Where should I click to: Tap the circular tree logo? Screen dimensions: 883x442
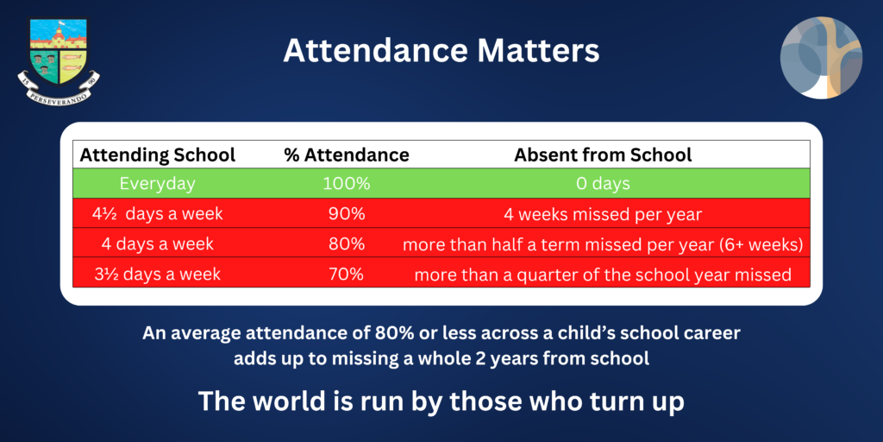(x=821, y=58)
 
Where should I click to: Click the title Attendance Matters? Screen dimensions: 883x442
(x=441, y=51)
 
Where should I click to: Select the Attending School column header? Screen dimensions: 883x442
(x=157, y=155)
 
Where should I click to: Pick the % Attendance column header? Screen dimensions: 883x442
(x=347, y=155)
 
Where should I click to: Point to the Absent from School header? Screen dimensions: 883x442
(x=603, y=155)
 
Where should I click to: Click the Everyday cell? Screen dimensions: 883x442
(x=157, y=184)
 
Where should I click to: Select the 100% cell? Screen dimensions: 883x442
(x=347, y=184)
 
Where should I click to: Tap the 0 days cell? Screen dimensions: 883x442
(x=603, y=184)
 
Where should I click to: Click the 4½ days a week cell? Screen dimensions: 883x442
(x=157, y=214)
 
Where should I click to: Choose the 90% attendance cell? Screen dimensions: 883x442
(x=347, y=214)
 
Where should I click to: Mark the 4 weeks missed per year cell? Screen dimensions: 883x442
(x=603, y=214)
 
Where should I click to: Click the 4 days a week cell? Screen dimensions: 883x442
(x=157, y=244)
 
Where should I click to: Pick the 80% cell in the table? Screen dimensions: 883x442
(x=347, y=244)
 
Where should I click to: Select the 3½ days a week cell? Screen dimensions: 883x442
(x=157, y=274)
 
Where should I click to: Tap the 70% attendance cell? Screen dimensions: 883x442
(x=347, y=274)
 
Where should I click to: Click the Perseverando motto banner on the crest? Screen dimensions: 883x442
(x=59, y=90)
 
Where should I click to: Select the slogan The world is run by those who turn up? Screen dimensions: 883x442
(x=441, y=401)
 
